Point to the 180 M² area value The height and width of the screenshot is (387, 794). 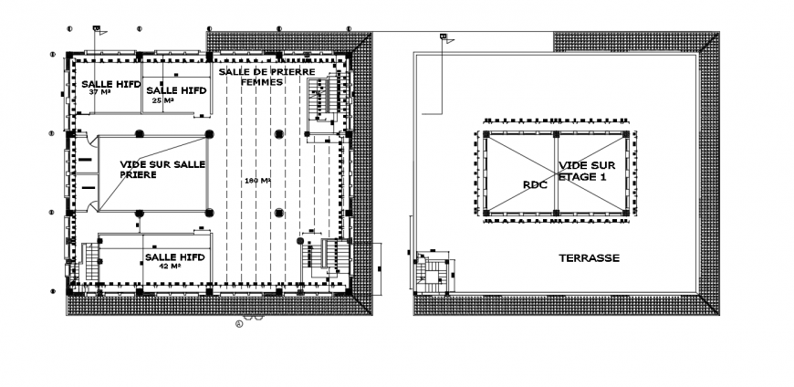point(257,181)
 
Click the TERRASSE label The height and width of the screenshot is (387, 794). point(589,258)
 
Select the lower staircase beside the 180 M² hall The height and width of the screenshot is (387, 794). point(324,258)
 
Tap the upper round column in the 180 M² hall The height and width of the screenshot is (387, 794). point(277,134)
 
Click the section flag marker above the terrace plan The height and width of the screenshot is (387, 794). point(444,37)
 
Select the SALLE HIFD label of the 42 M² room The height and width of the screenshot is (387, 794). point(173,258)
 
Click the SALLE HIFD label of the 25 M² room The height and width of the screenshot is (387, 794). point(176,90)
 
